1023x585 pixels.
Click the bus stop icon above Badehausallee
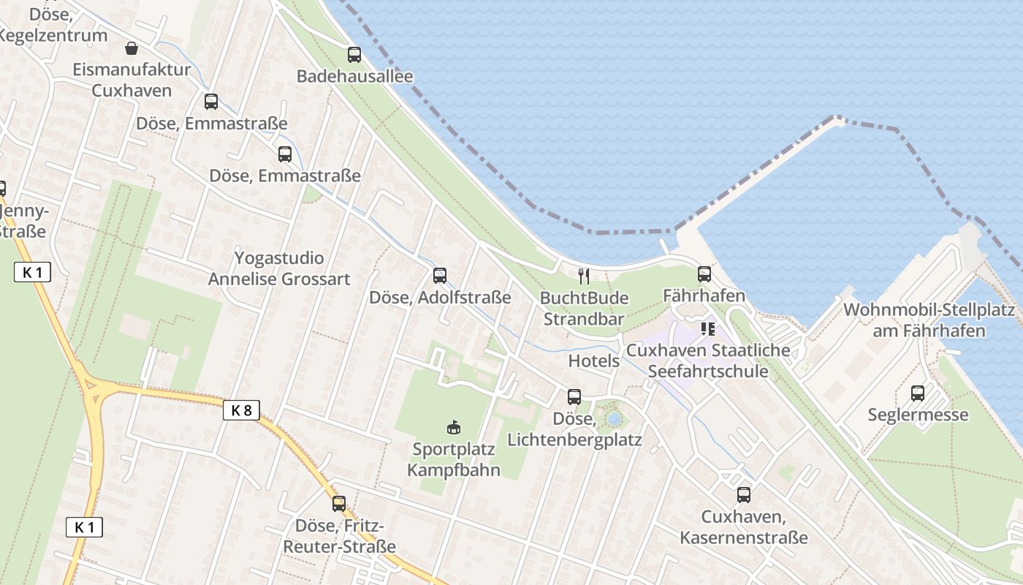[x=354, y=54]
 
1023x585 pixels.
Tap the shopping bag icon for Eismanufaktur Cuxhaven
[x=132, y=48]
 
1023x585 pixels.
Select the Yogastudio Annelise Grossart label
[x=279, y=268]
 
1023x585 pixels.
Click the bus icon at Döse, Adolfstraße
[x=439, y=276]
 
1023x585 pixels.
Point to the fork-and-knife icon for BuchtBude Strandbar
[x=583, y=276]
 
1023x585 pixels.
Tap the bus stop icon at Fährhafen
[x=704, y=274]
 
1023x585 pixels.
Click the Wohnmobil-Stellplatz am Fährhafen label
[x=929, y=320]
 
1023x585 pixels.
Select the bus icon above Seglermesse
[x=918, y=393]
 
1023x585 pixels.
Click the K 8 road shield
[x=241, y=410]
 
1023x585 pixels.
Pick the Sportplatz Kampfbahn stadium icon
[x=453, y=426]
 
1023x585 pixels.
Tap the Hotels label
[x=593, y=361]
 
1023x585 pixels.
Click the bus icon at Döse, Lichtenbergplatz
[x=574, y=397]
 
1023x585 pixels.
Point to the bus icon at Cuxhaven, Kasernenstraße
[x=743, y=495]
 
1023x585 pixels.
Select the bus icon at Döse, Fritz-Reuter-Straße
[x=338, y=503]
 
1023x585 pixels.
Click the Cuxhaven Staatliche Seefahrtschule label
[x=708, y=361]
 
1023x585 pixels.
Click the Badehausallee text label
[x=354, y=76]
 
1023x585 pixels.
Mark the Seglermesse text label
[x=918, y=415]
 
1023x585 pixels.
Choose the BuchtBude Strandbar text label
[x=583, y=309]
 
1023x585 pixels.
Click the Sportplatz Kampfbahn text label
[x=453, y=459]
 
